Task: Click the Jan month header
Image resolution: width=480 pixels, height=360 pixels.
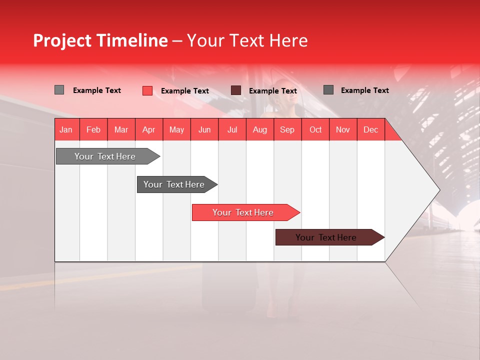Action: (66, 129)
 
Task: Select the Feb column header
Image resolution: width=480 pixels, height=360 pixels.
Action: (93, 129)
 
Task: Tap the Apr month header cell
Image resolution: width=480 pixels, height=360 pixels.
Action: (148, 129)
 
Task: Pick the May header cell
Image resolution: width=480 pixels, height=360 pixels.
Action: (176, 129)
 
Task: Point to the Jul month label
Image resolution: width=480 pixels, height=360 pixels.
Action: (232, 129)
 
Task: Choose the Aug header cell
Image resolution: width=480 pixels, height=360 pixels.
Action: (260, 129)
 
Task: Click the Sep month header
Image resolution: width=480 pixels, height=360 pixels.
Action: (287, 129)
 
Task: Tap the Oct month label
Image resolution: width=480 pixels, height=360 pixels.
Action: (315, 129)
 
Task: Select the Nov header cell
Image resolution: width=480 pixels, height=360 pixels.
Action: (343, 129)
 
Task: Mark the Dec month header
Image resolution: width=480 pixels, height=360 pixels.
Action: (370, 129)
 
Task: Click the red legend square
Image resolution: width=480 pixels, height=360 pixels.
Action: (147, 90)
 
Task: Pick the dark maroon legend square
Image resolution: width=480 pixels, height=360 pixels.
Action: (236, 90)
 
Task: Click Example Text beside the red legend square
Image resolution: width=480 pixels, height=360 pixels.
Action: (185, 91)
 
